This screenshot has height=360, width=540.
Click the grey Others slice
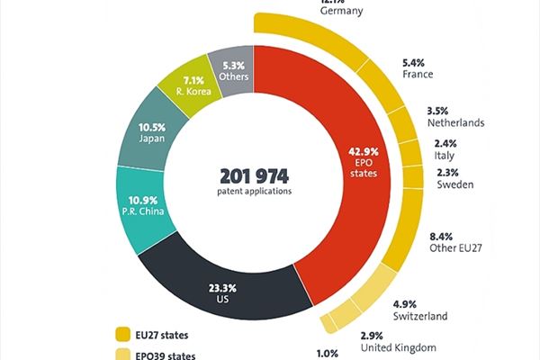tap(233, 70)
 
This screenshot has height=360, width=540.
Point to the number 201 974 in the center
tap(253, 175)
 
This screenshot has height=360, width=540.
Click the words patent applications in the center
tap(253, 191)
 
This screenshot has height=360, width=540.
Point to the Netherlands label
tap(455, 121)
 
